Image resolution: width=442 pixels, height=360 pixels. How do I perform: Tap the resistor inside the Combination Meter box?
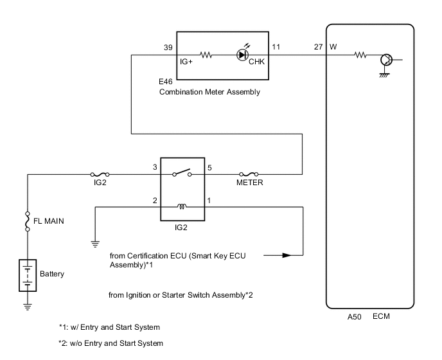207,55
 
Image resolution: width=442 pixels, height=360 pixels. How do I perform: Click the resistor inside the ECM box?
360,55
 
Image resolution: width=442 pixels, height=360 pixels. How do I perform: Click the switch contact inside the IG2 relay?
181,172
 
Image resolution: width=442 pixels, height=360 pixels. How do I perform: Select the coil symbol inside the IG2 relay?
182,207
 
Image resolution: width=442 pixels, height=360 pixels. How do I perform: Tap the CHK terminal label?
257,62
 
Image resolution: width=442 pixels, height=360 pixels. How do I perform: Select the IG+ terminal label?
187,64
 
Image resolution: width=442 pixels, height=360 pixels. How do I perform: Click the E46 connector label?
166,82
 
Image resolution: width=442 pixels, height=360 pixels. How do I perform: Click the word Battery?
53,273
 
